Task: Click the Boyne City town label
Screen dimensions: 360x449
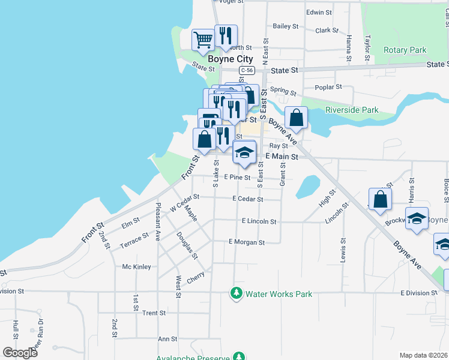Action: pyautogui.click(x=230, y=60)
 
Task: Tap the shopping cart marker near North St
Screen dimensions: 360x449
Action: pyautogui.click(x=203, y=40)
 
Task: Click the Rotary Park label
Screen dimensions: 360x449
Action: pyautogui.click(x=405, y=50)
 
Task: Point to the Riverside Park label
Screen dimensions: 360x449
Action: pyautogui.click(x=352, y=110)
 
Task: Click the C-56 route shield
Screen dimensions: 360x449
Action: pyautogui.click(x=244, y=71)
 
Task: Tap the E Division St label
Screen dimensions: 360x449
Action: pyautogui.click(x=419, y=293)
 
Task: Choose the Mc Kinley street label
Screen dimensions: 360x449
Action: pyautogui.click(x=137, y=266)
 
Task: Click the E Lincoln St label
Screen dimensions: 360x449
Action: pyautogui.click(x=259, y=221)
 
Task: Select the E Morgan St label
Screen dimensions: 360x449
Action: pyautogui.click(x=246, y=242)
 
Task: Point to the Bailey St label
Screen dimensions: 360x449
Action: pyautogui.click(x=286, y=26)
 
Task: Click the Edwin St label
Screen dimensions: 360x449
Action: pyautogui.click(x=319, y=12)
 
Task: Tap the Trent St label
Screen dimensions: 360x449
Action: pyautogui.click(x=154, y=313)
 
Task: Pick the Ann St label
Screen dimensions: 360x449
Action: pyautogui.click(x=167, y=339)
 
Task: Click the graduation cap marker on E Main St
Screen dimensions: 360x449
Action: pyautogui.click(x=244, y=152)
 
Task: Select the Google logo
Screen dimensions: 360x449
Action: pyautogui.click(x=20, y=353)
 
